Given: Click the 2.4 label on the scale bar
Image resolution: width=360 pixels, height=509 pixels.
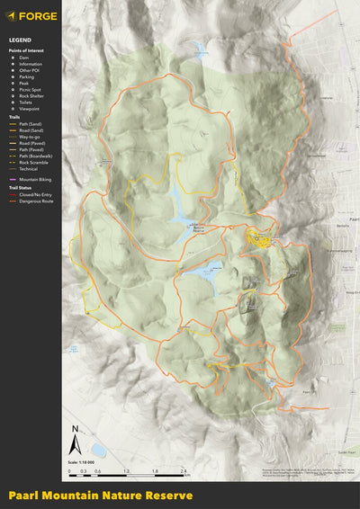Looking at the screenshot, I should pos(183,471).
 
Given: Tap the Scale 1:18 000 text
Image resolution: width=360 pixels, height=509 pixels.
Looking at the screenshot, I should pos(80,462).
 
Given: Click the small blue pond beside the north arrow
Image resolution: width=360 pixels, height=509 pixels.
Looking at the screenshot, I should pos(97,449).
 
